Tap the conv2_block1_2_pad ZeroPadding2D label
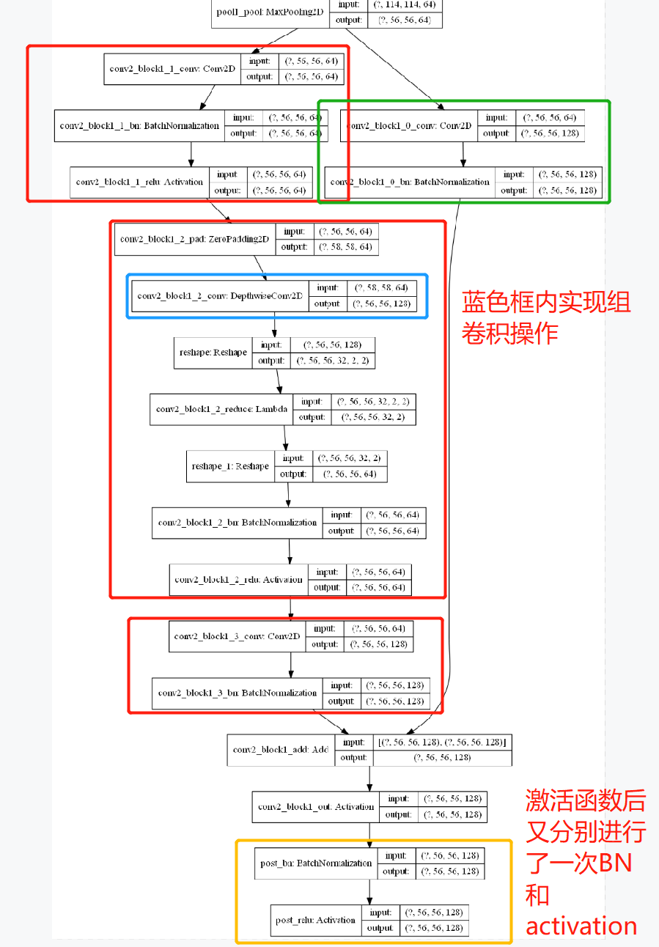coord(195,239)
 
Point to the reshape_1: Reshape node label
coord(230,466)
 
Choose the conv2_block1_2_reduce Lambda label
coord(221,409)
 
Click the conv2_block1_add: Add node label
coord(280,749)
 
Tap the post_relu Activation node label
coord(315,920)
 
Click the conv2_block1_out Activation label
coord(316,806)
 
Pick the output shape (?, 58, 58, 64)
coord(346,247)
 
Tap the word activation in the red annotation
coord(581,926)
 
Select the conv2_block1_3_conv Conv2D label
coord(237,636)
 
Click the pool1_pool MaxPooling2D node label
coord(270,12)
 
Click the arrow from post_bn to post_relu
coord(369,891)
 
